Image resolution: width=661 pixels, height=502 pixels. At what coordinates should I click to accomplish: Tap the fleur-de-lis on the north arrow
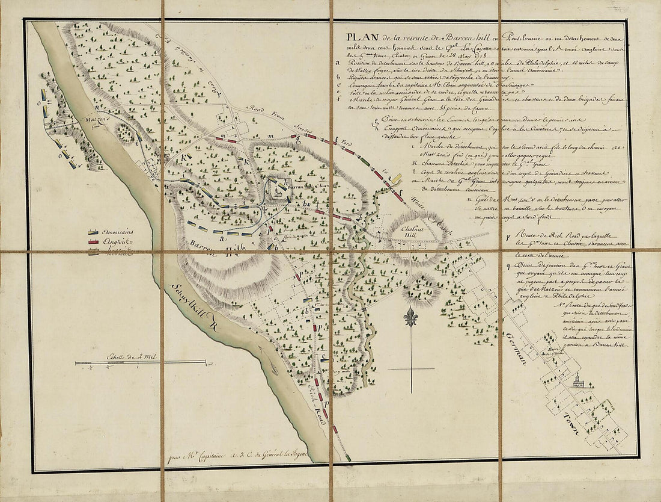pyautogui.click(x=410, y=317)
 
